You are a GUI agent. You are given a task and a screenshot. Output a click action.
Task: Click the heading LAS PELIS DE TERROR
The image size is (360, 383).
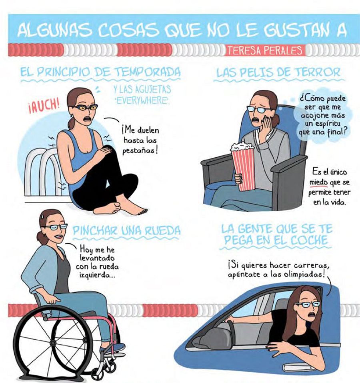coord(278,73)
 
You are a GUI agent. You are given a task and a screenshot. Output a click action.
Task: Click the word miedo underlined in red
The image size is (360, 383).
coord(318,183)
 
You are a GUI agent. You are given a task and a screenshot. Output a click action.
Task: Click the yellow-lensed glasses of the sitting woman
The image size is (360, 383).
coord(85,107)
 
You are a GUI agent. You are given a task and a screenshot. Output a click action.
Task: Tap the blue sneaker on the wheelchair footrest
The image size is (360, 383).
coord(113,348)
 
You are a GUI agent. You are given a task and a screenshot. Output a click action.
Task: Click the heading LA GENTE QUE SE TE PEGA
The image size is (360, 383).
coord(276,235)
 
